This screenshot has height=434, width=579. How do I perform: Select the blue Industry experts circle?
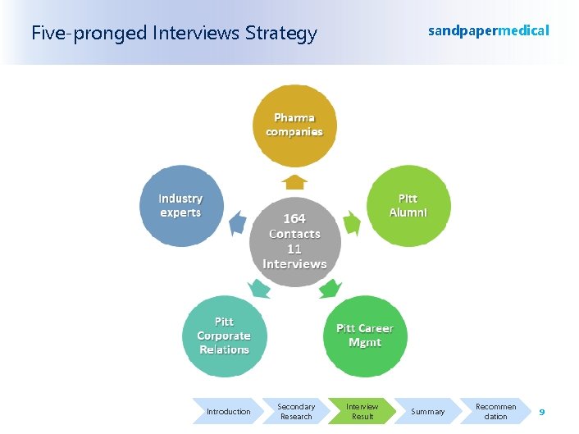(180, 207)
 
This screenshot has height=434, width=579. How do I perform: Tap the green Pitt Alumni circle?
(408, 206)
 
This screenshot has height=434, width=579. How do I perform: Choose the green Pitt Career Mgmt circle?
(365, 336)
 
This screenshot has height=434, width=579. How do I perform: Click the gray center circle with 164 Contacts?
(294, 241)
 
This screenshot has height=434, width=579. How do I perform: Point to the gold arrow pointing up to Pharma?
(294, 181)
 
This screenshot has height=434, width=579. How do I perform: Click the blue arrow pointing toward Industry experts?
(238, 222)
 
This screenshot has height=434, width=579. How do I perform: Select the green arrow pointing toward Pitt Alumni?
(351, 222)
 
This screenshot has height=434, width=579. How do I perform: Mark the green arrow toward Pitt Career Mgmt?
(330, 288)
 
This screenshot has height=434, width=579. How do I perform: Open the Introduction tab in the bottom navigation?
(228, 411)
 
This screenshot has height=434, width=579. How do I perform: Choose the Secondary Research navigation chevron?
(296, 411)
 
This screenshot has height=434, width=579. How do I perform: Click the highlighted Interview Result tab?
(362, 411)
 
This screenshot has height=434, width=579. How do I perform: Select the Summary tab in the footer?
(427, 411)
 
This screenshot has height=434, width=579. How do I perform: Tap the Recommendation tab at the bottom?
(495, 411)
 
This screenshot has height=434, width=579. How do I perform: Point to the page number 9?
(542, 410)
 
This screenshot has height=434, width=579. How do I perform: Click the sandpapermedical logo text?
(489, 30)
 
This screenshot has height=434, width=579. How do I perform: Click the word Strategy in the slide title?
(282, 34)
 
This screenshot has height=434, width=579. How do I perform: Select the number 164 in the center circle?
(294, 219)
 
